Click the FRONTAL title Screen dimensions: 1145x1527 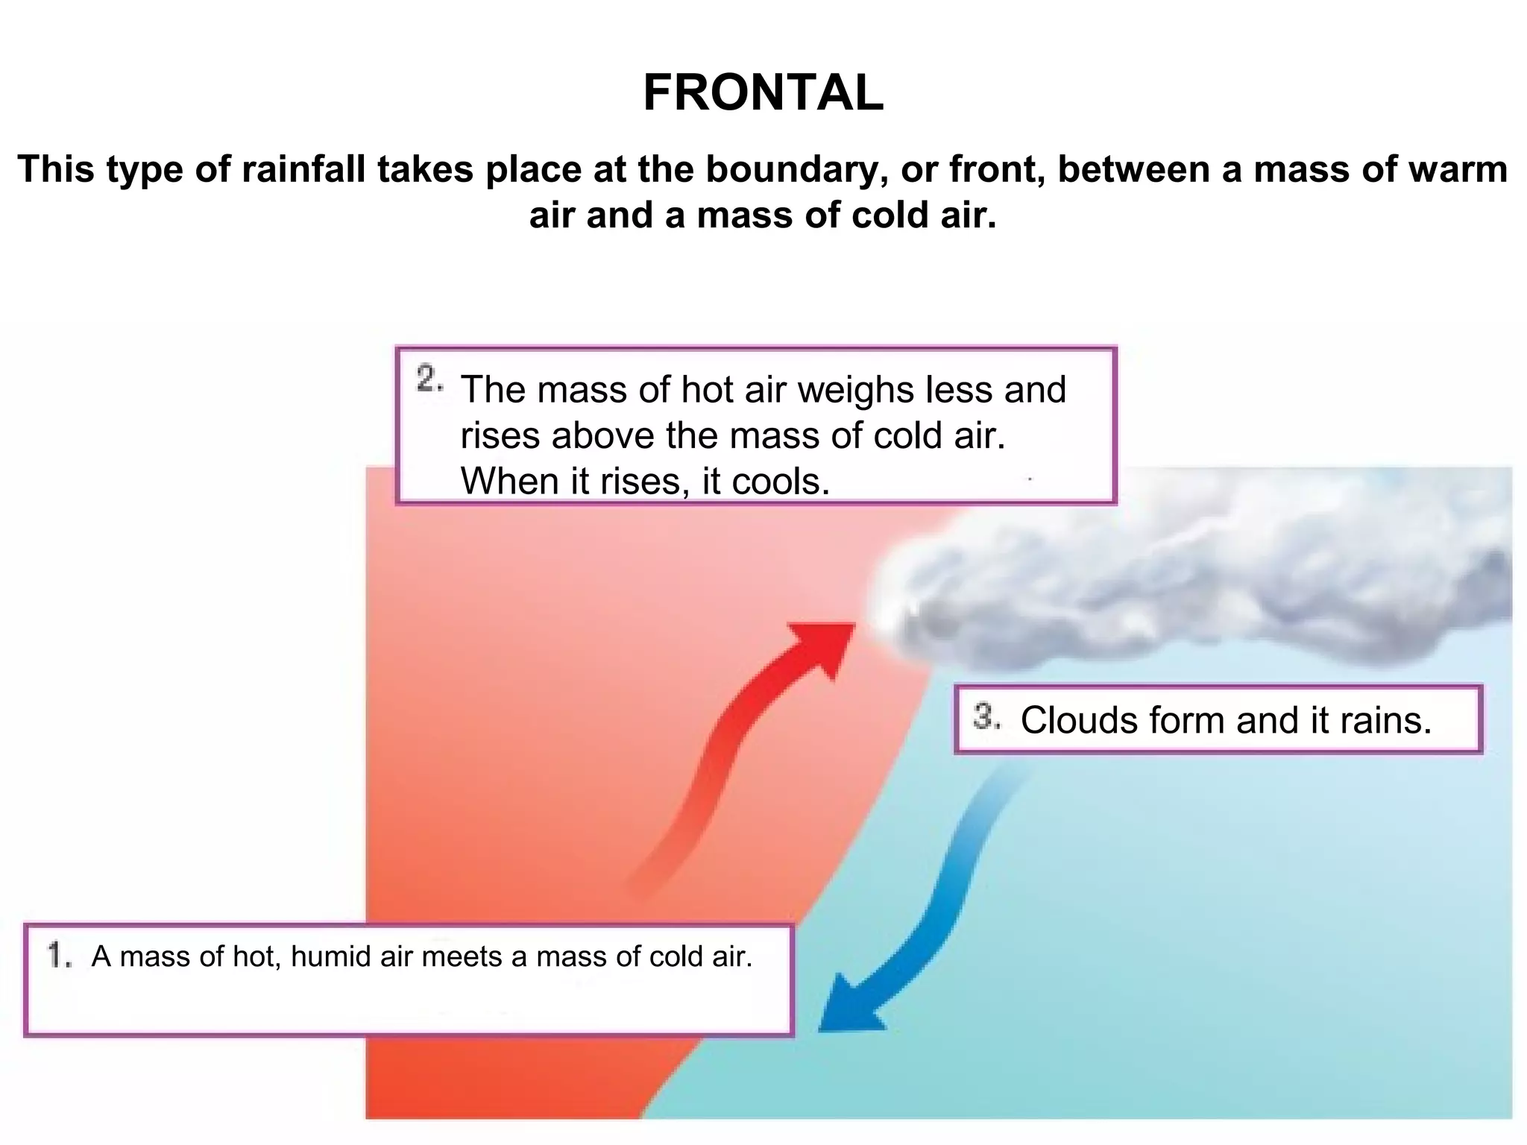tap(763, 93)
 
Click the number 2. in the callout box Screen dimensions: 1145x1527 tap(429, 380)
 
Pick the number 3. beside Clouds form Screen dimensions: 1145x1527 tap(986, 717)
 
